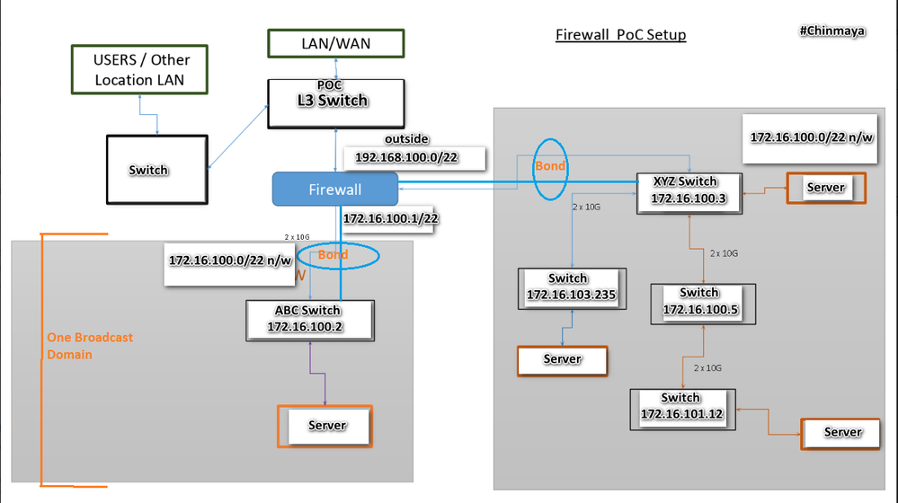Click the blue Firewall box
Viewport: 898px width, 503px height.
[x=334, y=190]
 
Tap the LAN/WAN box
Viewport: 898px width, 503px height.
[x=334, y=42]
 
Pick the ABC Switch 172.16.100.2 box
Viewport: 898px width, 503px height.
[x=309, y=320]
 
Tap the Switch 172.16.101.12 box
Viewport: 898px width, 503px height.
[x=680, y=407]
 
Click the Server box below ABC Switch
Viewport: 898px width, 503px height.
[x=325, y=426]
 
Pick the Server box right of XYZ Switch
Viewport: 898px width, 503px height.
[x=825, y=188]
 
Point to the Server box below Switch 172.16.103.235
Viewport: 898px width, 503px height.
[x=562, y=359]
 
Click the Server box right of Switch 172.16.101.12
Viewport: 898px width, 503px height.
[x=841, y=432]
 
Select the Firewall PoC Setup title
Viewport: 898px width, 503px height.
[x=620, y=35]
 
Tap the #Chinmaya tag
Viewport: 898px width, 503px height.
[x=832, y=30]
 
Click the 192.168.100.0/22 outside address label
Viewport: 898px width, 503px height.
[x=414, y=158]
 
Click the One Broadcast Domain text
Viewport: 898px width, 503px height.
[x=90, y=346]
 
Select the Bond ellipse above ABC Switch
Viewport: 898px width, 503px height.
[x=338, y=256]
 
